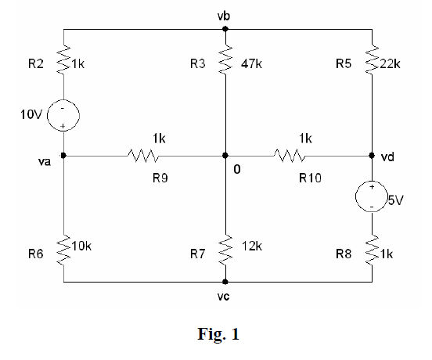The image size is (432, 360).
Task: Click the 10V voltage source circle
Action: [63, 117]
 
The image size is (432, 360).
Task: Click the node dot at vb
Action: [225, 29]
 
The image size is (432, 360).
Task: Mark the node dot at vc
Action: [225, 282]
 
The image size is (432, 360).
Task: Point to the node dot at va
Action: [63, 155]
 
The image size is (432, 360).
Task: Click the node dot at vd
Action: [372, 155]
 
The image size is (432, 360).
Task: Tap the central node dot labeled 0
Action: [225, 155]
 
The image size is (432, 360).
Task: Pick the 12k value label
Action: [252, 246]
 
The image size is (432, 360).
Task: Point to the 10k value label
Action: [81, 246]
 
